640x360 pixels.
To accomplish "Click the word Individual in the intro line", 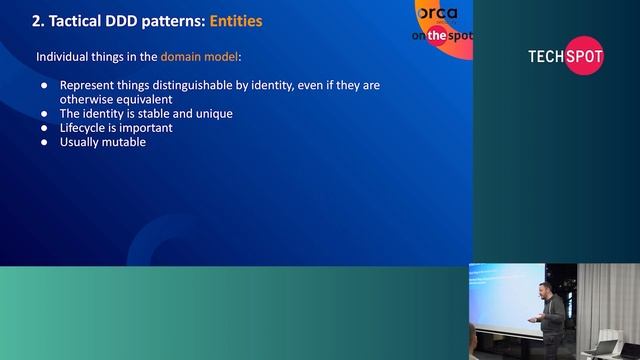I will [x=66, y=57].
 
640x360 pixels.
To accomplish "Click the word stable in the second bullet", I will [x=155, y=113].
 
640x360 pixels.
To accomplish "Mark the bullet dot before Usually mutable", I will [x=44, y=142].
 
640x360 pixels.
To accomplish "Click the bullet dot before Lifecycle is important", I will [x=44, y=128].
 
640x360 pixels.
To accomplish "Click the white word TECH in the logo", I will [x=546, y=57].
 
